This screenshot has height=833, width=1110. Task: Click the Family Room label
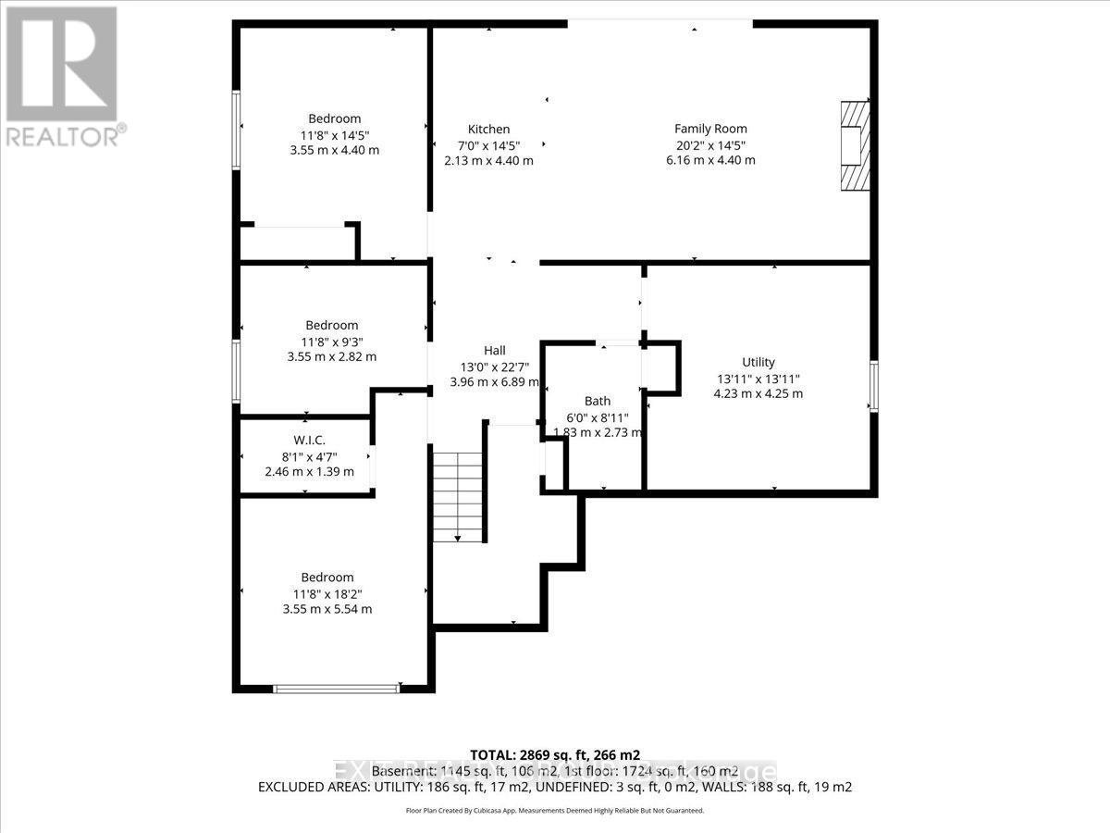pyautogui.click(x=710, y=129)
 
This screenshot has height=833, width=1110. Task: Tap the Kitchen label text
pyautogui.click(x=488, y=129)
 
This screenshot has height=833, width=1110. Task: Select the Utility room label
pyautogui.click(x=758, y=362)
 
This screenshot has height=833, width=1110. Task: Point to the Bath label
pyautogui.click(x=598, y=401)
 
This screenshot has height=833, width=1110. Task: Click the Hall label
pyautogui.click(x=494, y=350)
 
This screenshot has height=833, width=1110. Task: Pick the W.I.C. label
pyautogui.click(x=309, y=440)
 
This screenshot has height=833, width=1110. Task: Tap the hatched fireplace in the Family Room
pyautogui.click(x=856, y=145)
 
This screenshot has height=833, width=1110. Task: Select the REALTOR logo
pyautogui.click(x=62, y=74)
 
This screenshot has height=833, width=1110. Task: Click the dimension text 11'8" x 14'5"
pyautogui.click(x=334, y=134)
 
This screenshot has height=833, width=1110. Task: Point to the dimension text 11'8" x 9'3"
pyautogui.click(x=331, y=341)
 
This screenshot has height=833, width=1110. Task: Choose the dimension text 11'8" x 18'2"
pyautogui.click(x=331, y=593)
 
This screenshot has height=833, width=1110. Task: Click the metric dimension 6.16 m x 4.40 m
pyautogui.click(x=710, y=160)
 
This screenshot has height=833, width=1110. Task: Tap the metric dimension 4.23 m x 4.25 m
pyautogui.click(x=758, y=393)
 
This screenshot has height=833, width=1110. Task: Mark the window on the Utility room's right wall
pyautogui.click(x=873, y=386)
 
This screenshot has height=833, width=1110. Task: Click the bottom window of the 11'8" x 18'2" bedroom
pyautogui.click(x=336, y=688)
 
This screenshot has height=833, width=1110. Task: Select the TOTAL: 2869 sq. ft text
pyautogui.click(x=555, y=754)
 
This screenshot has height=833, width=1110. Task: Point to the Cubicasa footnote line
pyautogui.click(x=555, y=811)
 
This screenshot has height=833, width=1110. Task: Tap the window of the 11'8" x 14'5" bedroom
pyautogui.click(x=237, y=130)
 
